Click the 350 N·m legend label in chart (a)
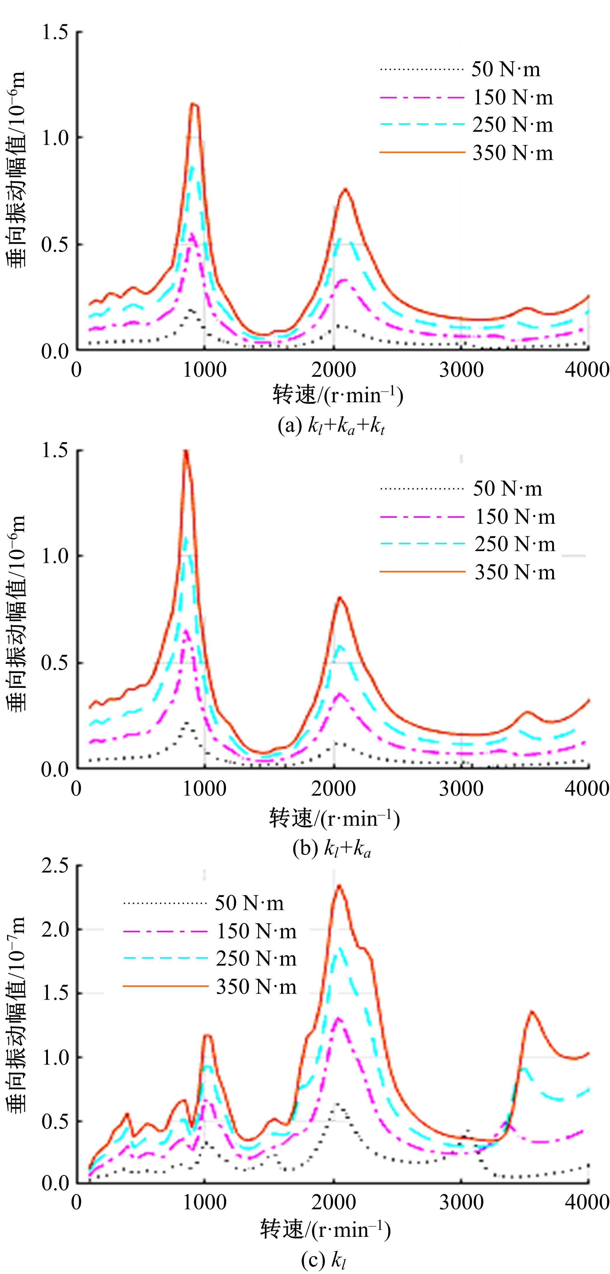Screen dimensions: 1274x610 (513, 153)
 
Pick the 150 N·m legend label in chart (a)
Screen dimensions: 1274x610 (513, 97)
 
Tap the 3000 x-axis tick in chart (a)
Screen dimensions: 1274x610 (461, 369)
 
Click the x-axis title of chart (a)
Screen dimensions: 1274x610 (338, 396)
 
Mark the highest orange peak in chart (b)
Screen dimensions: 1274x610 (186, 451)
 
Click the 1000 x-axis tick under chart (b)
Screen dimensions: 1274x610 (204, 788)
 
